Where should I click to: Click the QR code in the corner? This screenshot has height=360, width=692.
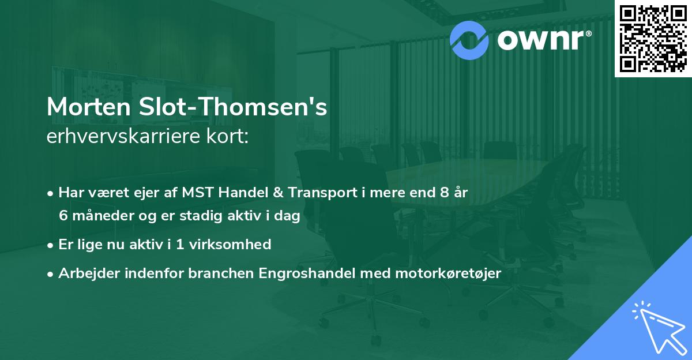(653, 38)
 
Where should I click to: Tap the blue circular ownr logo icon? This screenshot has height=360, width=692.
(469, 39)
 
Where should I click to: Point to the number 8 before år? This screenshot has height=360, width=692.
(442, 193)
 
